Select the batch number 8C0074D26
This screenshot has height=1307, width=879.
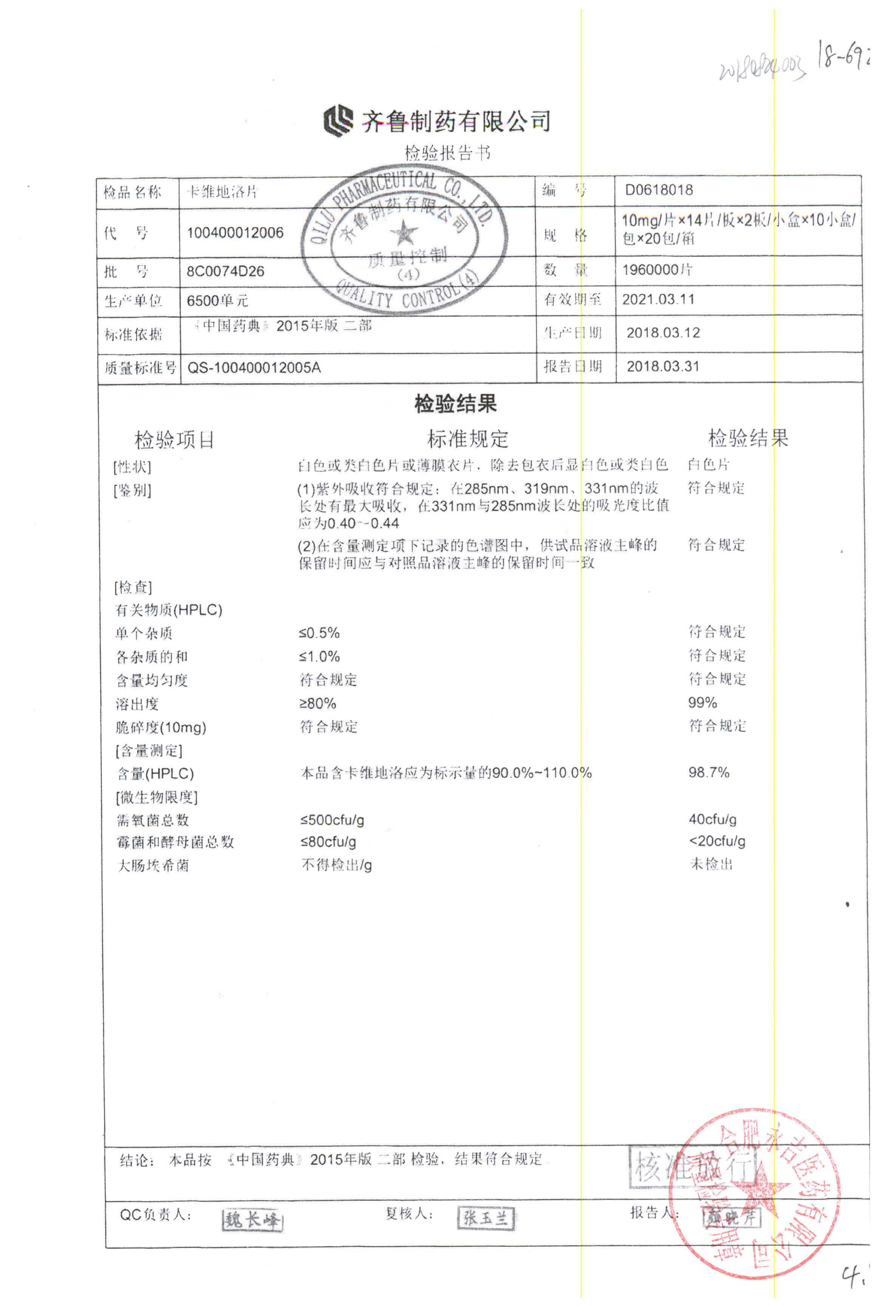pyautogui.click(x=225, y=271)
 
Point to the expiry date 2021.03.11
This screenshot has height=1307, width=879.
pyautogui.click(x=658, y=299)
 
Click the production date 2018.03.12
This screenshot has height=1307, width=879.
pyautogui.click(x=663, y=333)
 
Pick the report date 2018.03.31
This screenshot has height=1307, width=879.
pyautogui.click(x=663, y=367)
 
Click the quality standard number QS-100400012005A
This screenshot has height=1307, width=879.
pyautogui.click(x=254, y=367)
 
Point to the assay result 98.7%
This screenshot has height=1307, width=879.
pyautogui.click(x=708, y=773)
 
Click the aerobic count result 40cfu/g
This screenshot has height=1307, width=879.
pyautogui.click(x=713, y=819)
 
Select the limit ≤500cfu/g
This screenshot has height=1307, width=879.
pyautogui.click(x=332, y=820)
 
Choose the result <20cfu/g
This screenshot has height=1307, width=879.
pyautogui.click(x=717, y=841)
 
